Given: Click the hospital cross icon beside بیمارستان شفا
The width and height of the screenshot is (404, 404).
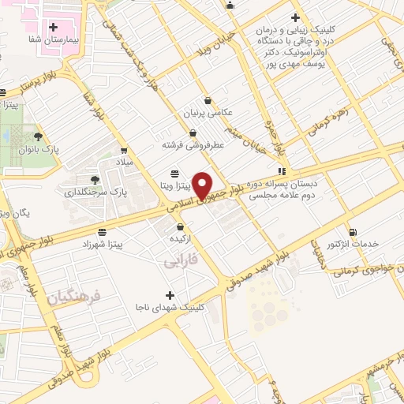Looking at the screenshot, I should [52, 27].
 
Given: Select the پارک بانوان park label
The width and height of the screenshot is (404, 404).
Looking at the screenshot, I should [41, 148].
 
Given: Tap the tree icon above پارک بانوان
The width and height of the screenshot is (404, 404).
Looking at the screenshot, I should [38, 137].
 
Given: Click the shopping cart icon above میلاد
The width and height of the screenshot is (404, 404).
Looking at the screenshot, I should [123, 150].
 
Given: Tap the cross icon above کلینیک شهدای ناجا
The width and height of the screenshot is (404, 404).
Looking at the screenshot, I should [171, 294].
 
